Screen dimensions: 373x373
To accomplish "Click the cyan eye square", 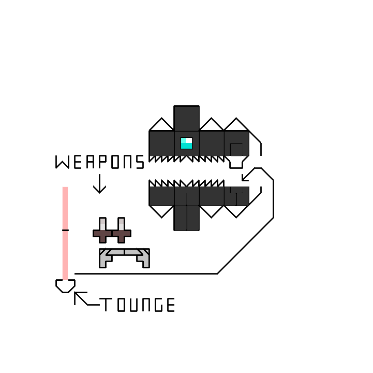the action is pyautogui.click(x=186, y=143).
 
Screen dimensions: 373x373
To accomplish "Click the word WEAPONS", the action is pyautogui.click(x=100, y=162).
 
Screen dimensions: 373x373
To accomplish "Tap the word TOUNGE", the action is pyautogui.click(x=138, y=305).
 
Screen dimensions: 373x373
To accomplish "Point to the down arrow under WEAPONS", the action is pyautogui.click(x=99, y=184).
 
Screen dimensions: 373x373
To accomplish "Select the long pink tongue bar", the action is pyautogui.click(x=65, y=233).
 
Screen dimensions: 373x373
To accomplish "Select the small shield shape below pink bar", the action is pyautogui.click(x=65, y=285).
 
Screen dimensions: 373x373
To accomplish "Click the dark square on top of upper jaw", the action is pyautogui.click(x=186, y=118).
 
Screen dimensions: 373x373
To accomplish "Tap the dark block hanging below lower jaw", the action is pyautogui.click(x=186, y=218).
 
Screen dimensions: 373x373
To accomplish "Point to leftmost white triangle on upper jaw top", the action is pyautogui.click(x=161, y=125).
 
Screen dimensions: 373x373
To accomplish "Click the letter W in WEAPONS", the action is pyautogui.click(x=62, y=162).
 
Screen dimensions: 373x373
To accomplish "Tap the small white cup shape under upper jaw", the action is pyautogui.click(x=236, y=162).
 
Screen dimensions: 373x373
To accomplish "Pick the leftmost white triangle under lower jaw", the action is pyautogui.click(x=161, y=210).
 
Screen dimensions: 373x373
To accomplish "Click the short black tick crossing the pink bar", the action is pyautogui.click(x=65, y=229).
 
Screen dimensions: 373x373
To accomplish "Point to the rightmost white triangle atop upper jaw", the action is pyautogui.click(x=236, y=125).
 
